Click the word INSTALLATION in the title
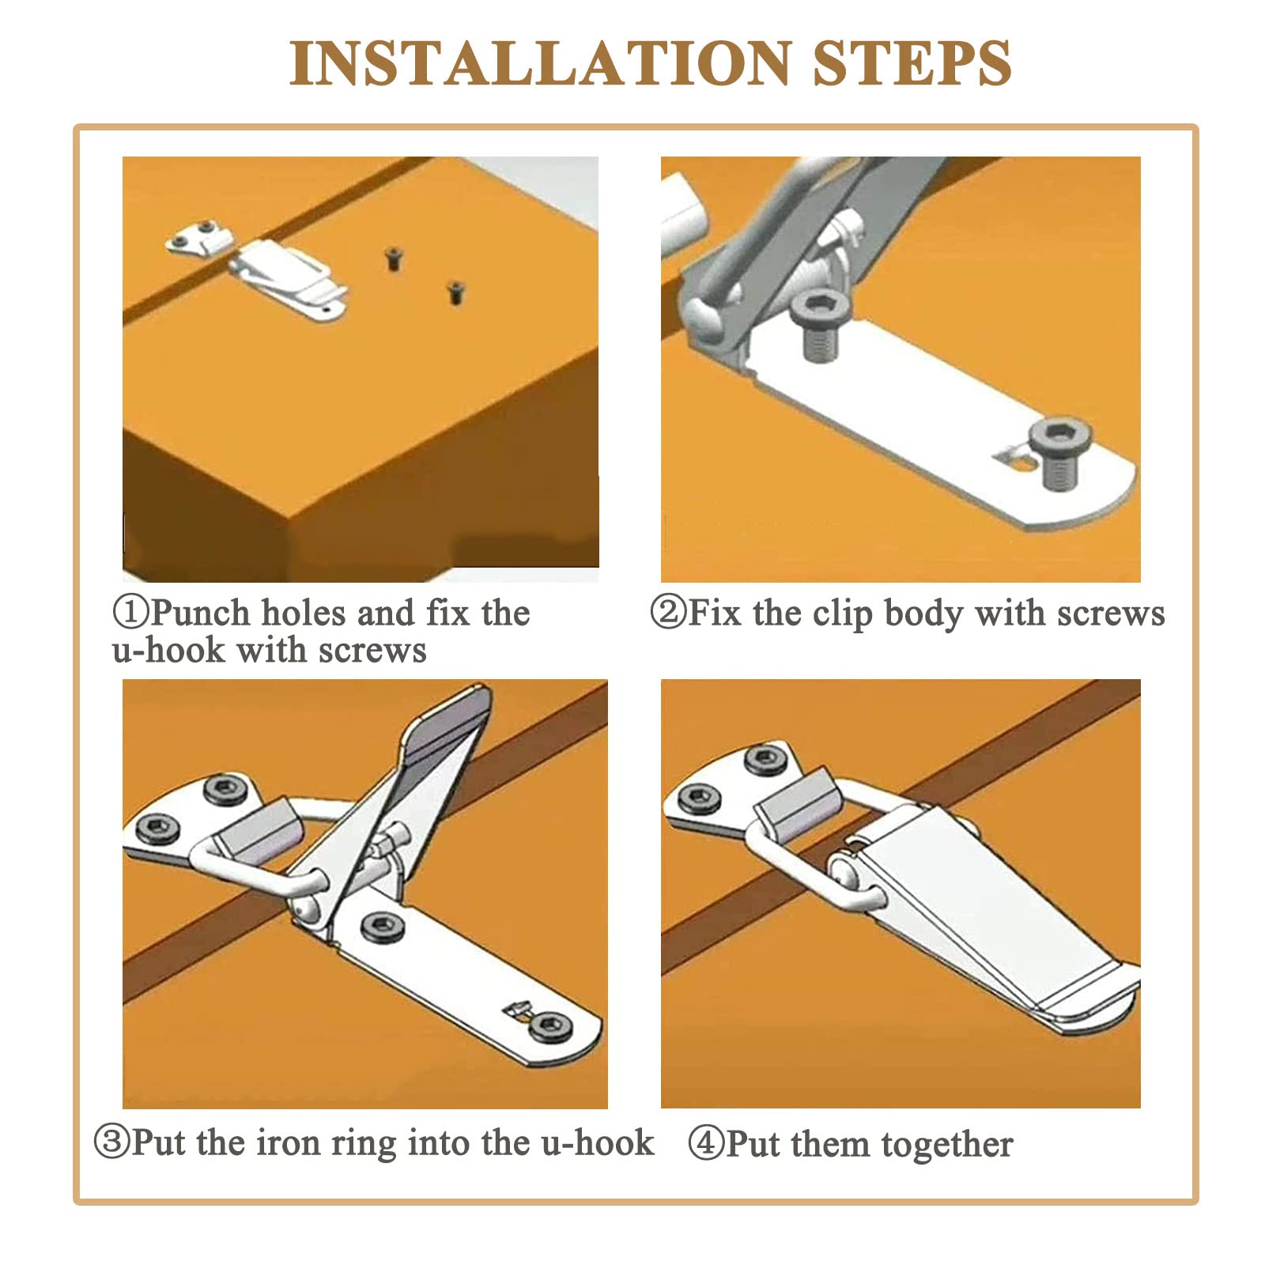[x=541, y=62]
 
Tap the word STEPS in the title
[x=912, y=62]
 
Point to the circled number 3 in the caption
[x=112, y=1142]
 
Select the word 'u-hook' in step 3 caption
[x=598, y=1142]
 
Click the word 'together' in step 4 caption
[x=947, y=1145]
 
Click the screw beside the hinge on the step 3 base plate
[x=381, y=925]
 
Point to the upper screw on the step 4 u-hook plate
[x=766, y=759]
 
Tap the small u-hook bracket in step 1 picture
[x=194, y=239]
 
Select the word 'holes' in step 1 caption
[x=304, y=612]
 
